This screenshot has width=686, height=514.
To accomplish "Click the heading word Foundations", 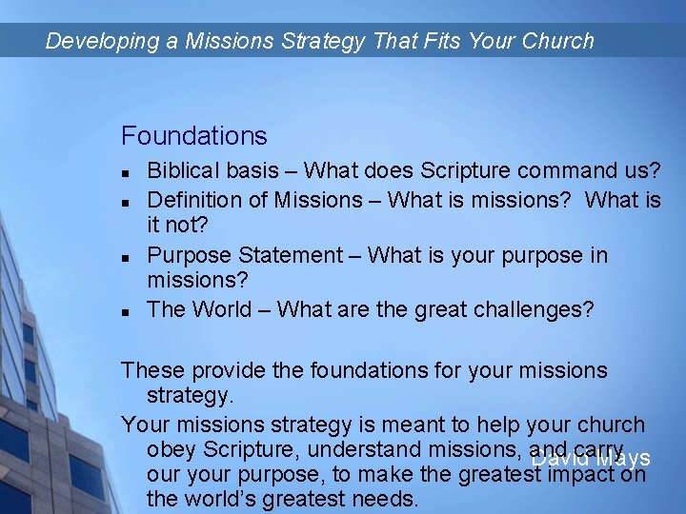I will tap(193, 136).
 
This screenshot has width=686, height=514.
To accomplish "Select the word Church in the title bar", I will tap(558, 41).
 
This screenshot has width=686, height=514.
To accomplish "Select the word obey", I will tap(170, 450).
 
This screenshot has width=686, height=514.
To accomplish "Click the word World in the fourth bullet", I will tap(224, 310).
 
